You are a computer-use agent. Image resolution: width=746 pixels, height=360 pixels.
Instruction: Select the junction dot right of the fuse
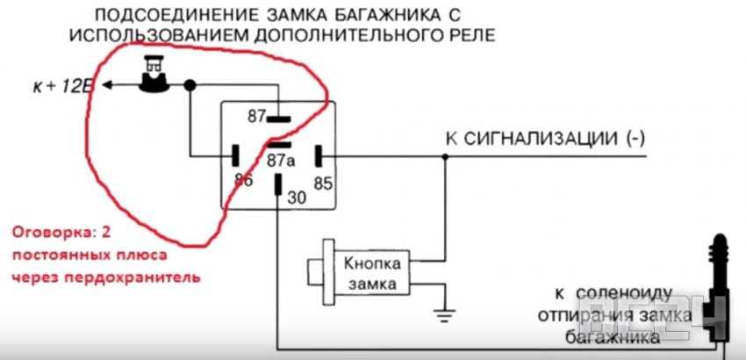[x=190, y=85]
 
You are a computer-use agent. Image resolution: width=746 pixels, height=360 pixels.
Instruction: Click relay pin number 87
[x=256, y=116]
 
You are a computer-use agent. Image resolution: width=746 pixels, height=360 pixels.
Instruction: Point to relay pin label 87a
[x=280, y=162]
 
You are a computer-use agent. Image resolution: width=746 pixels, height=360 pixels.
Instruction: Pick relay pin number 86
[x=244, y=180]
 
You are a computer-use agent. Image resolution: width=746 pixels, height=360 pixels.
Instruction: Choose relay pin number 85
[x=322, y=184]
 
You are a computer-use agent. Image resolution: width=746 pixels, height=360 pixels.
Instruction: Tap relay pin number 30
[x=297, y=198]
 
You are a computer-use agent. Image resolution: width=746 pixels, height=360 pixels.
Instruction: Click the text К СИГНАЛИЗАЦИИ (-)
[x=546, y=139]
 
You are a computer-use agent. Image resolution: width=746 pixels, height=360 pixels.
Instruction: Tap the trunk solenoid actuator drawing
[x=720, y=290]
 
